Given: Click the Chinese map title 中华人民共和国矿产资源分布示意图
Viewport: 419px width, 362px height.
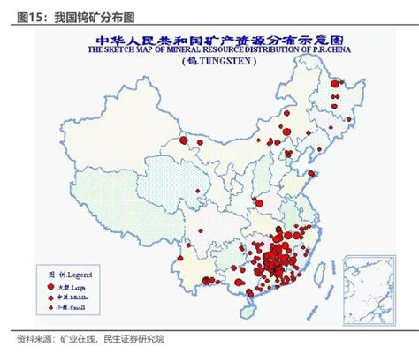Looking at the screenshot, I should click(209, 40).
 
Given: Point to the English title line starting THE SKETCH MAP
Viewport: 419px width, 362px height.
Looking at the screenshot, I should click(209, 51).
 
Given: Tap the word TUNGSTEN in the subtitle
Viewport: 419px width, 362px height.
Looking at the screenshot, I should click(217, 63).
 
